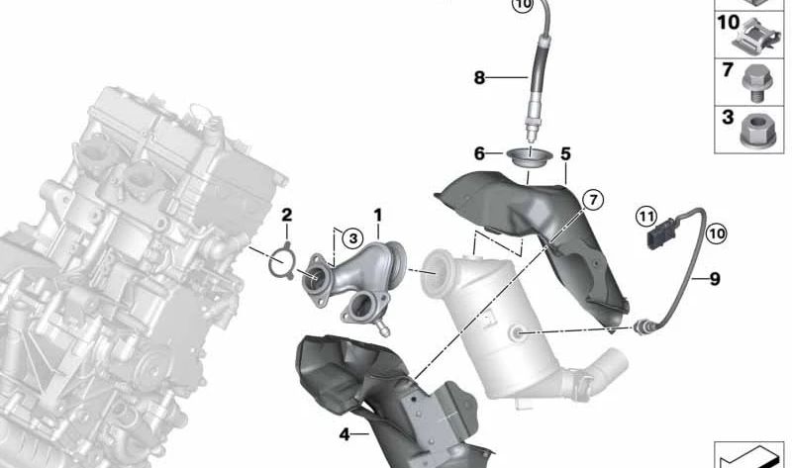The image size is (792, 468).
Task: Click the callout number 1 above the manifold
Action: [x=376, y=215]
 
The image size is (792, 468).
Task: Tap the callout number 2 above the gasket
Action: [x=286, y=215]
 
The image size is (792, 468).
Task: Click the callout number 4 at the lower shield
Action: [x=344, y=433]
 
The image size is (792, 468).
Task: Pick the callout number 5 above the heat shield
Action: [x=565, y=153]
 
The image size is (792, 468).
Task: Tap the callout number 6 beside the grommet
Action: [x=479, y=153]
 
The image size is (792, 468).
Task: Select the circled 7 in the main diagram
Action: [x=591, y=200]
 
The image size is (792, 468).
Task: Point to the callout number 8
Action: [x=479, y=76]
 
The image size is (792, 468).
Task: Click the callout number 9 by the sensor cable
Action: [x=713, y=279]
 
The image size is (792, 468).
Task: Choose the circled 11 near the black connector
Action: [x=645, y=215]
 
